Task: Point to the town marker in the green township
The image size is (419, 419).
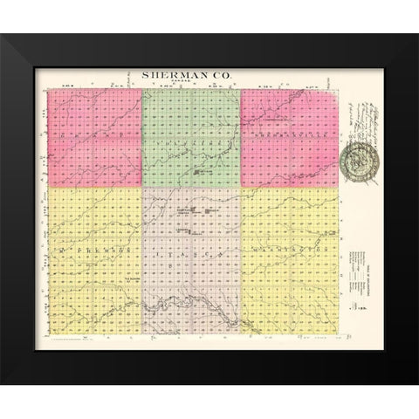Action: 199,174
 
